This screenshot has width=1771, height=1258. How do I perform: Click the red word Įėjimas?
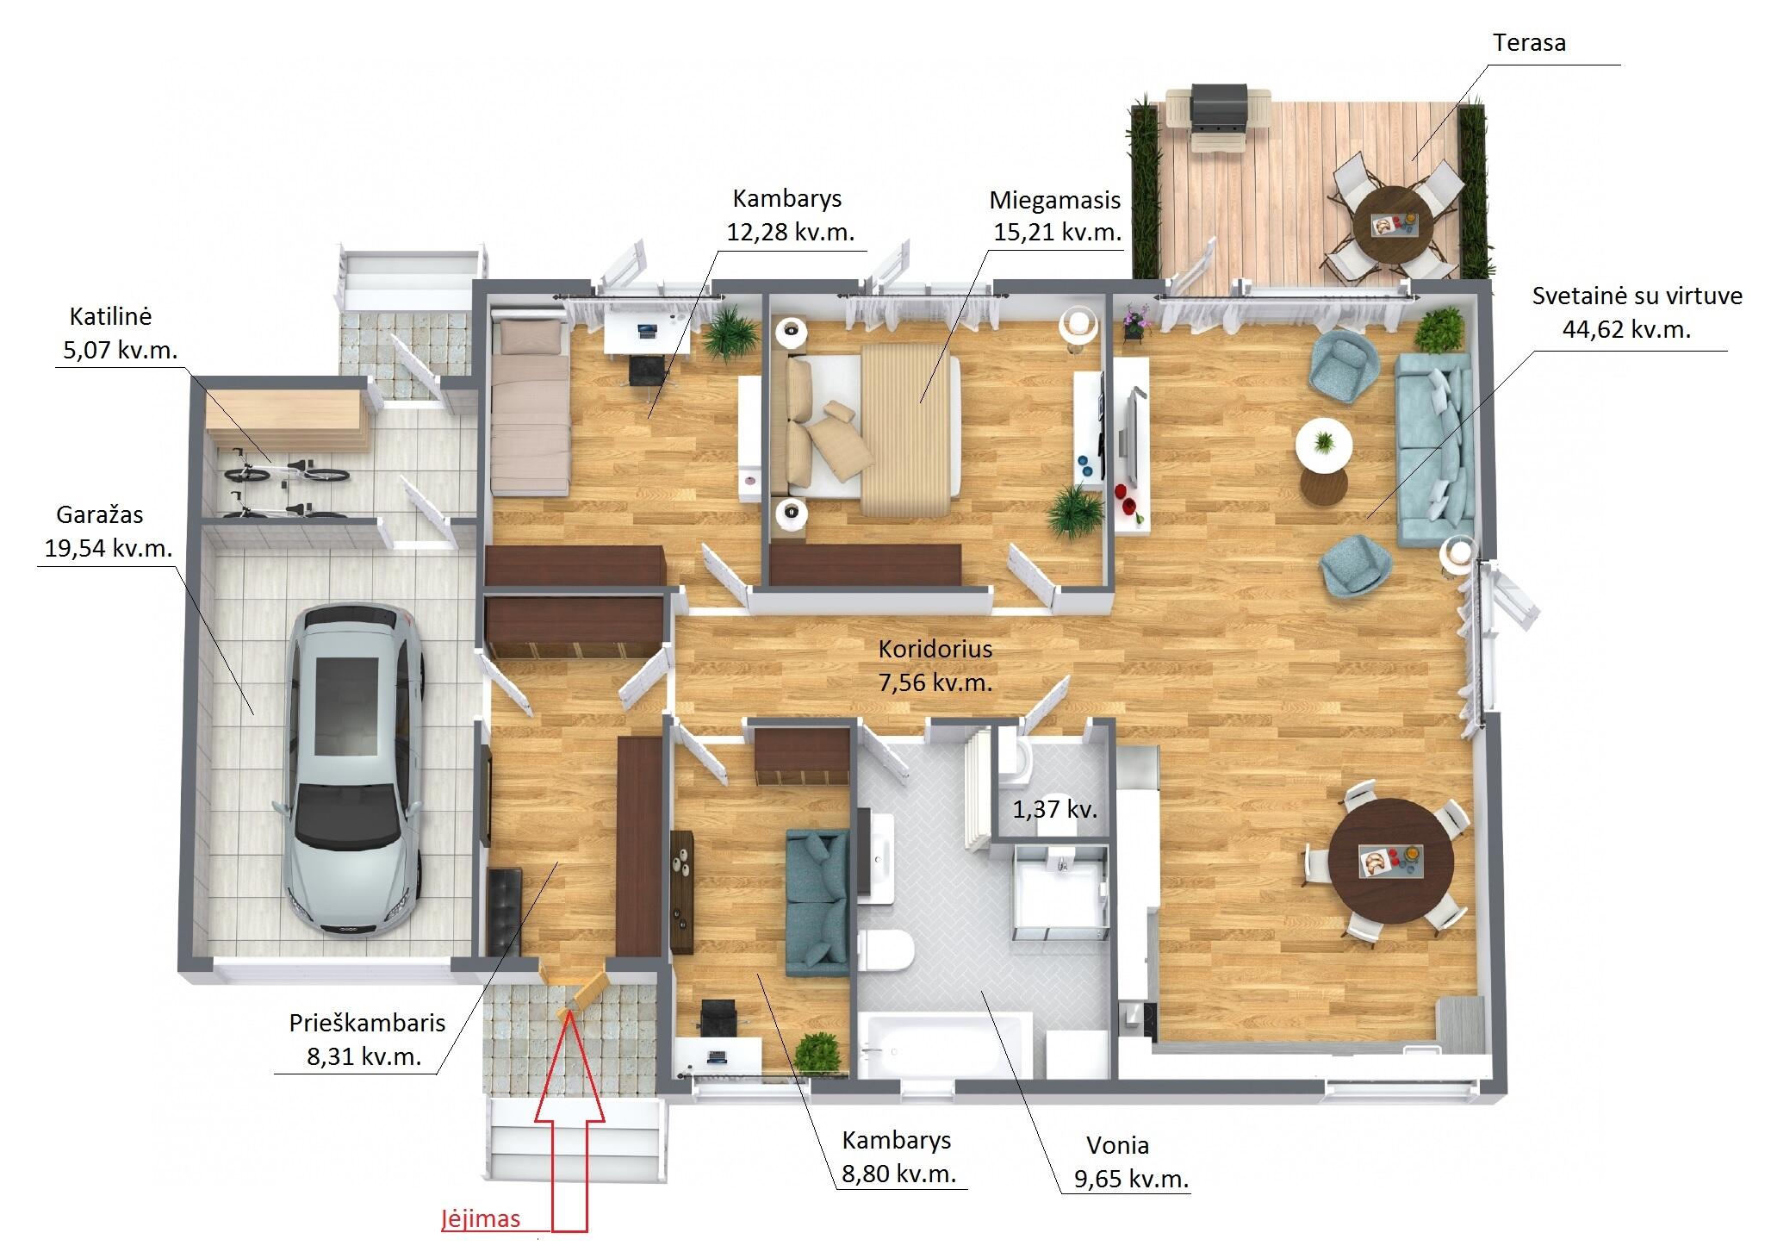tap(481, 1219)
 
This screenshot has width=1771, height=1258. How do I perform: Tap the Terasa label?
tap(1530, 42)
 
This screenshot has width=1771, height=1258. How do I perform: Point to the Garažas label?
tap(100, 515)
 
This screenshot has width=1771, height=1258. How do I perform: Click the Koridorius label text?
tap(935, 649)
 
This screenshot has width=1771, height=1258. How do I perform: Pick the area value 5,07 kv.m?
tap(121, 350)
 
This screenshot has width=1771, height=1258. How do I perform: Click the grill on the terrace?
tap(1218, 118)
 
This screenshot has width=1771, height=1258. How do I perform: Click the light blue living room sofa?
tap(1434, 449)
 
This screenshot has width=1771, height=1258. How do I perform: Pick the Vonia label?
tap(1117, 1145)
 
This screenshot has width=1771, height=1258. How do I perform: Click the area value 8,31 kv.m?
tap(364, 1056)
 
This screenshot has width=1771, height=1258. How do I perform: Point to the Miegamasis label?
tap(1054, 201)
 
